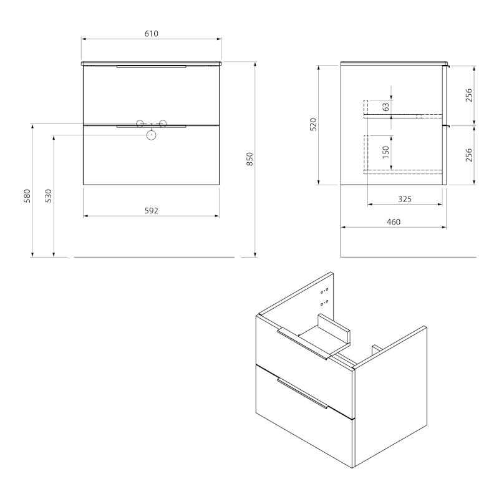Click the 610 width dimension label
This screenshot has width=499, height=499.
[x=151, y=34]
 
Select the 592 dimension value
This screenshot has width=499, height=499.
[x=151, y=211]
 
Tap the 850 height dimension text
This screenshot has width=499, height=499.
[x=250, y=159]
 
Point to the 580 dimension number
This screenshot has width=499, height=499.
[x=27, y=196]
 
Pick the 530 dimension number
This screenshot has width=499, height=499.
[x=48, y=196]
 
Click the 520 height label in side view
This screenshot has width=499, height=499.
[x=313, y=124]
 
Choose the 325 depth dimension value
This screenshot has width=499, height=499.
[x=404, y=199]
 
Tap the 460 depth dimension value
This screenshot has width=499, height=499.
[x=394, y=222]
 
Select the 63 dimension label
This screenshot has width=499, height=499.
[x=385, y=107]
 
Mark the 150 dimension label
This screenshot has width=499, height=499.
[x=385, y=152]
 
